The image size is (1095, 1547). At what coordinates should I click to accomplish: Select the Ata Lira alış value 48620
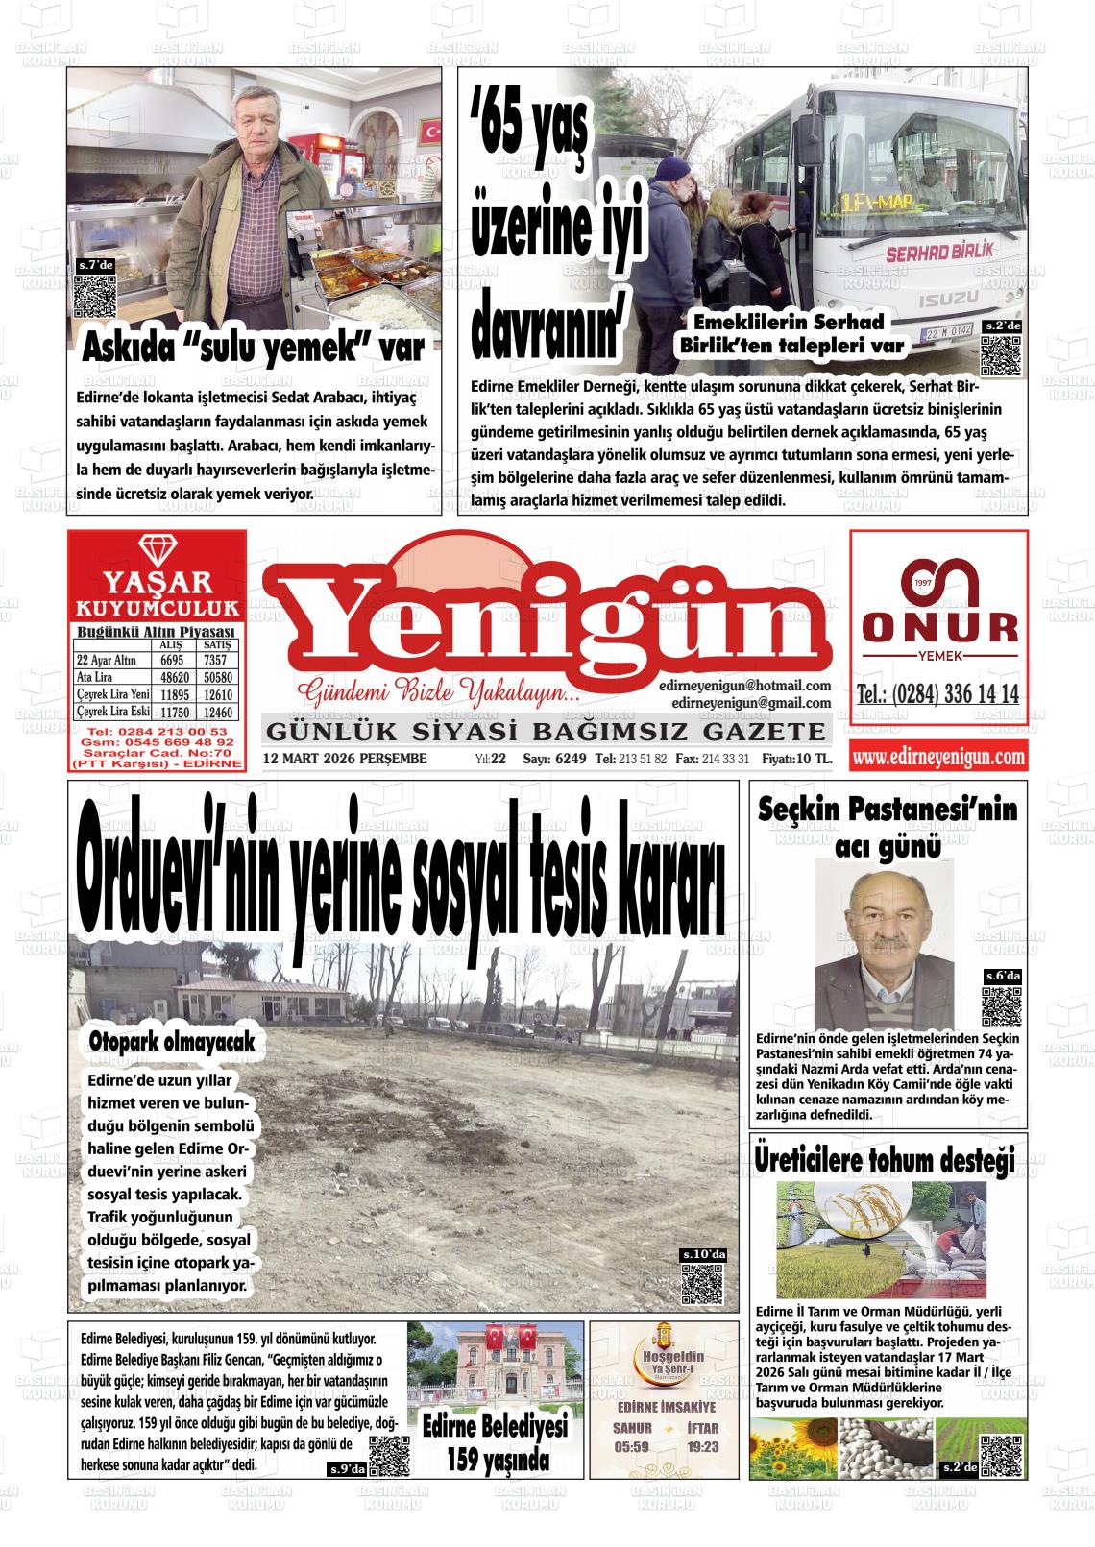[172, 678]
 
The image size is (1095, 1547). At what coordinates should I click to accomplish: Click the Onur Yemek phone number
[937, 695]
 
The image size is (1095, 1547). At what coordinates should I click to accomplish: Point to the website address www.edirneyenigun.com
[938, 758]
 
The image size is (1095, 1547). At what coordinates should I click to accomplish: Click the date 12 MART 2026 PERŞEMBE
[345, 759]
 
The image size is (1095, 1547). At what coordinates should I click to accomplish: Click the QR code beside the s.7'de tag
[95, 298]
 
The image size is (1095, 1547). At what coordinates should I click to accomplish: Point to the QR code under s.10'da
[702, 1284]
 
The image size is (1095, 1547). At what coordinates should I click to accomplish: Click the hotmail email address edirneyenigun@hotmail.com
[744, 686]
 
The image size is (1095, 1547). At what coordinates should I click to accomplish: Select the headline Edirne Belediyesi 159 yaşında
[497, 1442]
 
